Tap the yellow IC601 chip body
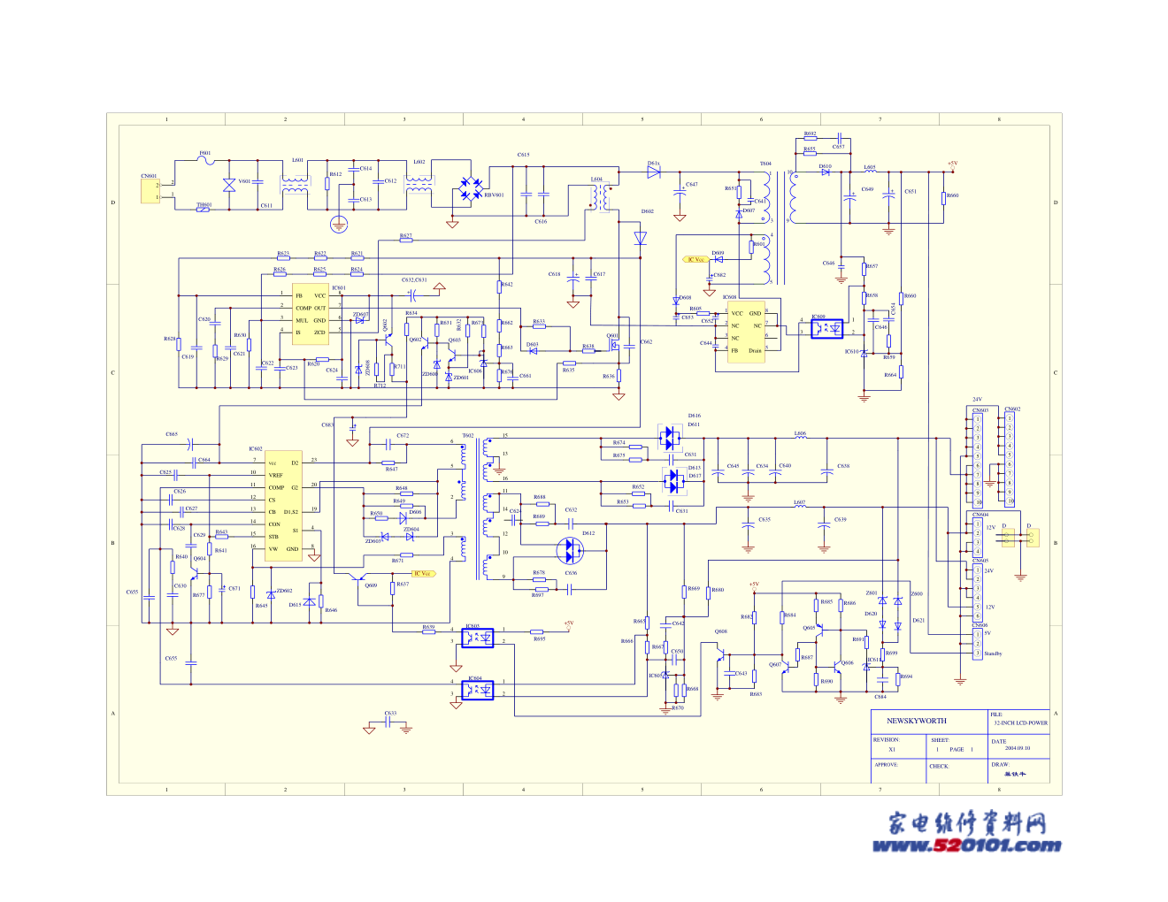(x=311, y=314)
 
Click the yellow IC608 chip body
(x=746, y=332)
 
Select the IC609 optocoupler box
(x=827, y=328)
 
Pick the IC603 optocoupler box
(x=478, y=637)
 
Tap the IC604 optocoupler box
(x=478, y=690)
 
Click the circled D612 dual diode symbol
(x=571, y=551)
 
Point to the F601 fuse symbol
(x=205, y=161)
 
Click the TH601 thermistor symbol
(x=204, y=209)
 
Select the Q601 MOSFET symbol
(x=612, y=344)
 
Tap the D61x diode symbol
(x=654, y=172)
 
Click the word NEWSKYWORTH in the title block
(x=917, y=721)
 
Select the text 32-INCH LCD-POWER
(x=1020, y=722)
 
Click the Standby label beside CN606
(x=993, y=654)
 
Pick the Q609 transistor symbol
(x=370, y=585)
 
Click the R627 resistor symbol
(x=405, y=240)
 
